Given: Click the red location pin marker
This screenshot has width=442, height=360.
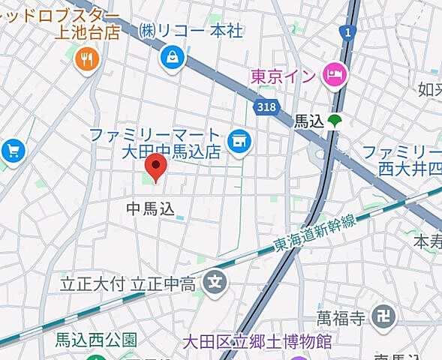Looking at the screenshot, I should tap(156, 166).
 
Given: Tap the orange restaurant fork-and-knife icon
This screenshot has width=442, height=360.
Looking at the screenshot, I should tap(88, 61).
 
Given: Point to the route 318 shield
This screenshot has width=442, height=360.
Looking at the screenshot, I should tap(265, 107).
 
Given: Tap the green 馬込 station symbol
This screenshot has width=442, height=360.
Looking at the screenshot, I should tap(335, 120).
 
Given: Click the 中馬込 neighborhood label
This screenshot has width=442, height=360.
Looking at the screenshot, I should tap(150, 208).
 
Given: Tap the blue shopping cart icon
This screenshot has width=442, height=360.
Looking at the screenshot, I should tap(13, 151).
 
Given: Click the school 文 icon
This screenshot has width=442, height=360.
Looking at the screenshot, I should tap(215, 283).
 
